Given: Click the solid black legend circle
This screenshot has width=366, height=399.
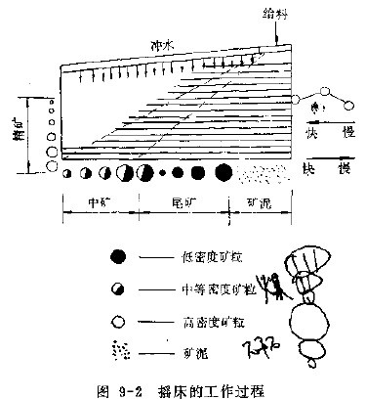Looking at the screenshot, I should point(118,256).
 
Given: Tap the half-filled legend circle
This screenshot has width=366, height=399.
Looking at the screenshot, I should point(118,288).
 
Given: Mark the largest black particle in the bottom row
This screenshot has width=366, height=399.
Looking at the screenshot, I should point(223,173).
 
